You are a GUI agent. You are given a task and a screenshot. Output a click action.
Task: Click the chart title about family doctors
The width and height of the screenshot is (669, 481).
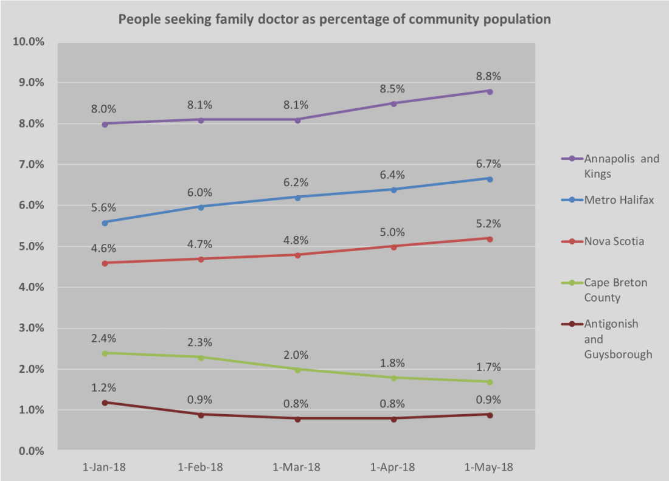tap(334, 19)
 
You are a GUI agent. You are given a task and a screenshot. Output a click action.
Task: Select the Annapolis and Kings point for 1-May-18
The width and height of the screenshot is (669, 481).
tap(490, 91)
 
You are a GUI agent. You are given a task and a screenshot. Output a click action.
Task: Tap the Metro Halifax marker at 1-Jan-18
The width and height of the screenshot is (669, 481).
tap(105, 223)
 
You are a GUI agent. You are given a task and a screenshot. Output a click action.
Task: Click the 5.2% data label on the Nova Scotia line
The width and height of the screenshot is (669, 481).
tap(490, 223)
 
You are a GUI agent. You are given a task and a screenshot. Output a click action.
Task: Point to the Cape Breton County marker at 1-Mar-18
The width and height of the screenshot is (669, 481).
tap(297, 369)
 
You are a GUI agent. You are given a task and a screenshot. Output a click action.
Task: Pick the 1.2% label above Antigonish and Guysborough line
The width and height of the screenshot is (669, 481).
tap(103, 388)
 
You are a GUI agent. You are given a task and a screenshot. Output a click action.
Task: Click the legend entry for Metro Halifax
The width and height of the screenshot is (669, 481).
tap(619, 199)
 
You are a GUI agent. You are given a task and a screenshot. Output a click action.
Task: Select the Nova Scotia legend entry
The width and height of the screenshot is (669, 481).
tap(614, 241)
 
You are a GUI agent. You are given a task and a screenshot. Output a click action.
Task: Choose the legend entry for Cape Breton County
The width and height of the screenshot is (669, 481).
tap(615, 290)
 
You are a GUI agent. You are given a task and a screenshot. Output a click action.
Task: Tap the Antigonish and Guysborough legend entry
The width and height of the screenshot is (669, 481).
tap(617, 339)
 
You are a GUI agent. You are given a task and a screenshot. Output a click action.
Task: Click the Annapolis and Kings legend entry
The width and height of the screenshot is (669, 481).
tap(621, 166)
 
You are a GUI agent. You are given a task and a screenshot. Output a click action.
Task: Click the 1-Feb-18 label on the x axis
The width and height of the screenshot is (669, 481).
tap(201, 467)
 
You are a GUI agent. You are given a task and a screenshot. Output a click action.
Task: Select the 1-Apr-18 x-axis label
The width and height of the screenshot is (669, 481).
tap(393, 467)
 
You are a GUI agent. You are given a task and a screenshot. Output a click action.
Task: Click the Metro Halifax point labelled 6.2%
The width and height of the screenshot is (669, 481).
tap(297, 198)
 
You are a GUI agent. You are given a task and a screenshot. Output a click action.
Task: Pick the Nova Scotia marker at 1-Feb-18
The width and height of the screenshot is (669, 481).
tap(201, 259)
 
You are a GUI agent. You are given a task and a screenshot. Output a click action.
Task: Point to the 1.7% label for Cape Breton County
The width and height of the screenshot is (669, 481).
tap(490, 367)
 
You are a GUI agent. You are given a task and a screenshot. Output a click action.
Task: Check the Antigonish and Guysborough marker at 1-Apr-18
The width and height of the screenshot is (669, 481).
tap(393, 418)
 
